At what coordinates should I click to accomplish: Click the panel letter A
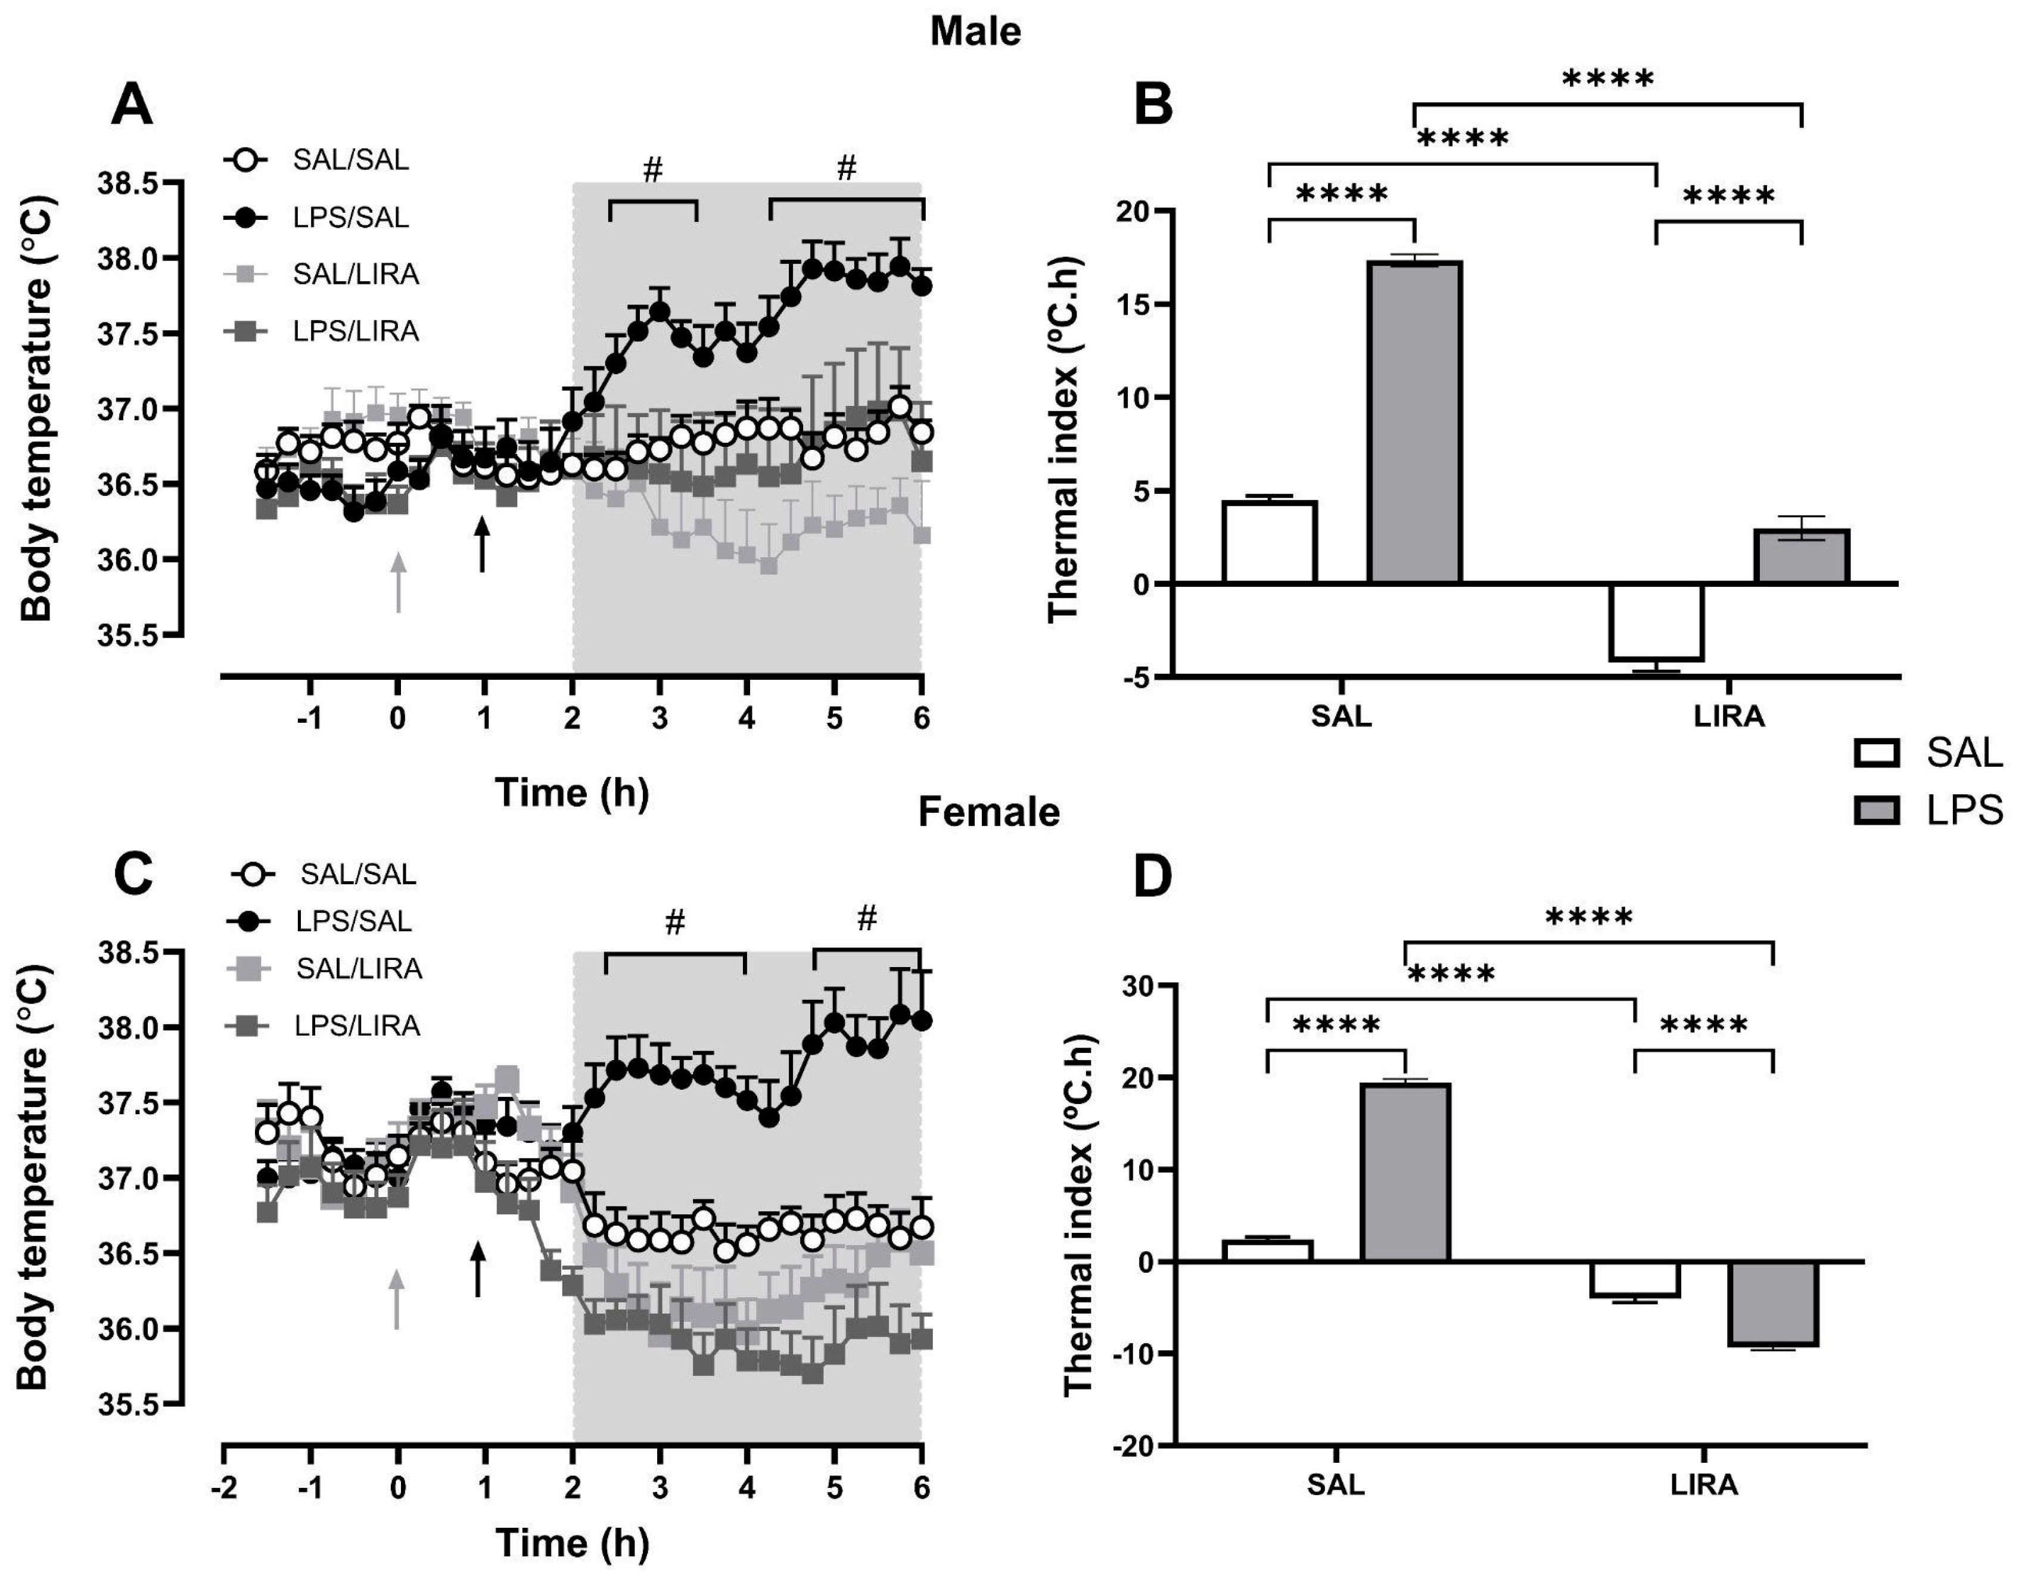132,105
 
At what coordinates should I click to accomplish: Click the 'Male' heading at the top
975,32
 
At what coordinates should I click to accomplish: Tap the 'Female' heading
988,812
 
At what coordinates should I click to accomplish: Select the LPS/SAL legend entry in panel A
350,217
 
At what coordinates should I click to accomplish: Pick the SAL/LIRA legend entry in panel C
358,969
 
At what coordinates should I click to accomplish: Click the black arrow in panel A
481,543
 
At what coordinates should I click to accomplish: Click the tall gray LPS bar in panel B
1414,422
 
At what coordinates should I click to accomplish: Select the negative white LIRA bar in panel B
1656,621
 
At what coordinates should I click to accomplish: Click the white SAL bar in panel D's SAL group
1267,1251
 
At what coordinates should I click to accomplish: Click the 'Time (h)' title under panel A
571,792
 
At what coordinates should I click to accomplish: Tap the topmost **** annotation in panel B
1608,79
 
